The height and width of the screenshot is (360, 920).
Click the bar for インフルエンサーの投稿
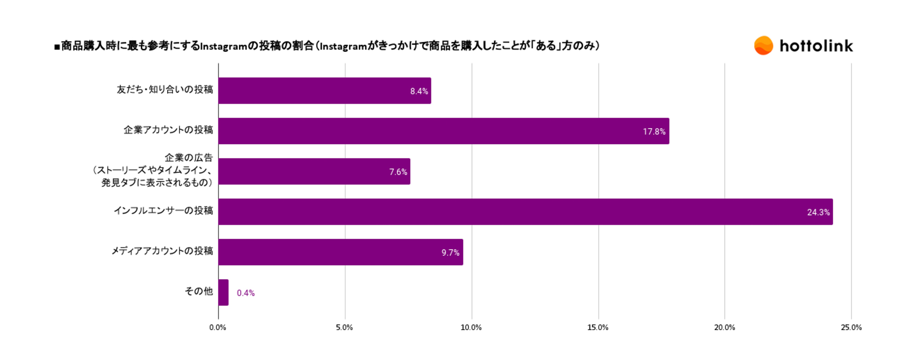click(525, 212)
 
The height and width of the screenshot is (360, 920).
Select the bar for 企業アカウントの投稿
click(444, 131)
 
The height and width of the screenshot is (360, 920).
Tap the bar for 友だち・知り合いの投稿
click(325, 91)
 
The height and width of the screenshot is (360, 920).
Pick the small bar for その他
click(223, 292)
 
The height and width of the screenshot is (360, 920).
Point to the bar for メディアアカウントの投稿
click(341, 252)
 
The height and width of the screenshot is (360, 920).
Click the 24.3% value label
click(818, 212)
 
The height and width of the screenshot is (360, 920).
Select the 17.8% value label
click(654, 131)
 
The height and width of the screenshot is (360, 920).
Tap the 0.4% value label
click(246, 293)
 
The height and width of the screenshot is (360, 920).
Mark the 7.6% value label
click(398, 172)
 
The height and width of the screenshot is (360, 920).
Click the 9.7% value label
click(451, 252)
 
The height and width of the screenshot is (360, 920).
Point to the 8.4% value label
click(419, 91)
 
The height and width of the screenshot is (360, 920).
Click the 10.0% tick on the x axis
click(471, 327)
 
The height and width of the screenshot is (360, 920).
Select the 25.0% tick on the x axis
click(851, 327)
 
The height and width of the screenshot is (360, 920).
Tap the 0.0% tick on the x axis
click(218, 327)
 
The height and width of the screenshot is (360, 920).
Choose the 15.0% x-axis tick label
click(598, 327)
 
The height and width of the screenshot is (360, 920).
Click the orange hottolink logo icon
click(764, 46)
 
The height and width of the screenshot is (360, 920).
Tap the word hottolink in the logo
click(816, 46)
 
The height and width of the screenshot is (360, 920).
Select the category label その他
click(199, 291)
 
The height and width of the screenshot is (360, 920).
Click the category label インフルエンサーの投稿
click(163, 211)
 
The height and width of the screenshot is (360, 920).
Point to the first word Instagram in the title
click(224, 46)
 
